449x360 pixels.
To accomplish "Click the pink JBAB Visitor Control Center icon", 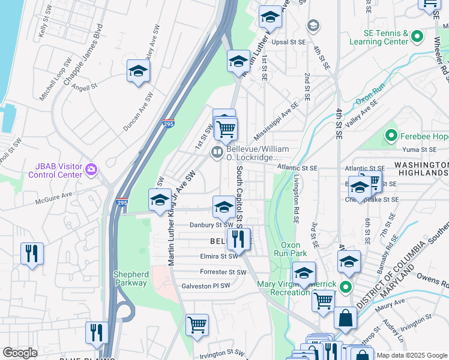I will tap(91, 170).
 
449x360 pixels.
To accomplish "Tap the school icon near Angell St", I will tap(138, 71).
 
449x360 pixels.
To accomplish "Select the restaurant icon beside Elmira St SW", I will tap(238, 239).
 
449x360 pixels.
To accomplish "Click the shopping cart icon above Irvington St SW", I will tap(197, 325).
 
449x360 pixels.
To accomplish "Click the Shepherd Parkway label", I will tap(130, 278).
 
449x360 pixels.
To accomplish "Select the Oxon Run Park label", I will tap(295, 249).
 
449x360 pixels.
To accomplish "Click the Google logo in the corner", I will tap(20, 353).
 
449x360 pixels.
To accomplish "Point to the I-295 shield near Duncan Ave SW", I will tap(169, 124).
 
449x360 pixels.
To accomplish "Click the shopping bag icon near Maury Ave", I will tap(346, 319).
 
